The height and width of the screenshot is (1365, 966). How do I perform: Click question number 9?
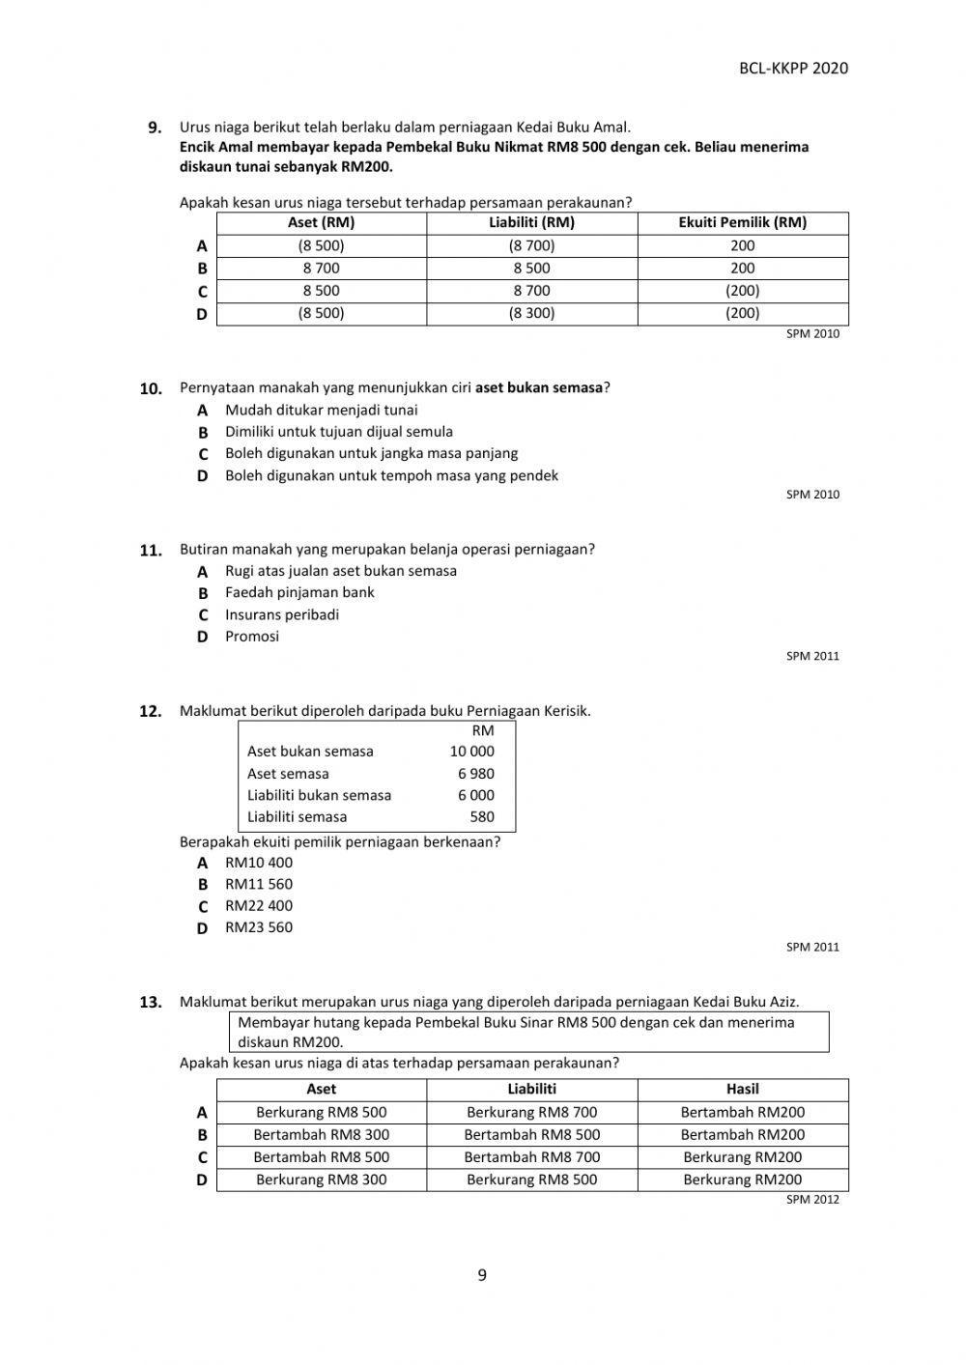click(x=155, y=127)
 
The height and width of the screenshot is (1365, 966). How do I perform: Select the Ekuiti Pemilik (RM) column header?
click(x=742, y=222)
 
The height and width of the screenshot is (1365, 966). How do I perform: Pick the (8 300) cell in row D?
click(x=531, y=313)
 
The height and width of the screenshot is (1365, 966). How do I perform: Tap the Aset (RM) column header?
click(x=321, y=222)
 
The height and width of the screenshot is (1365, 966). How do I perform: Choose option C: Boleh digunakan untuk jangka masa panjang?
click(x=371, y=453)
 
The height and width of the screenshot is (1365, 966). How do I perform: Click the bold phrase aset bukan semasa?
click(x=539, y=387)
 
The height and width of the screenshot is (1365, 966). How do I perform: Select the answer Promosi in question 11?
click(x=252, y=636)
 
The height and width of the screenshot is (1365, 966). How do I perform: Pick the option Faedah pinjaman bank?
click(x=299, y=592)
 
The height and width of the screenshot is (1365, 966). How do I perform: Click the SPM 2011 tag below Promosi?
click(x=812, y=656)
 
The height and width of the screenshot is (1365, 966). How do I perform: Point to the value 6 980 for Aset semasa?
click(x=475, y=774)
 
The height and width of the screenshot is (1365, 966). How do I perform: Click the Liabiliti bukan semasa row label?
click(x=319, y=795)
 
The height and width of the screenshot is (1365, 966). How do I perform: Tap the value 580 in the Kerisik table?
click(x=481, y=817)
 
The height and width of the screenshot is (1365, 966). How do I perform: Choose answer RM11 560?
click(x=259, y=884)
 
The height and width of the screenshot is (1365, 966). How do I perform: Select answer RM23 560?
click(x=259, y=927)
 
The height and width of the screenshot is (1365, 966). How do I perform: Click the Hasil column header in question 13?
click(x=742, y=1089)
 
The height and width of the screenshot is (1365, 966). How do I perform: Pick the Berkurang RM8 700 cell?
click(x=531, y=1112)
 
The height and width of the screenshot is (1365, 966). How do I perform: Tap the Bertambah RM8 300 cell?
click(x=321, y=1134)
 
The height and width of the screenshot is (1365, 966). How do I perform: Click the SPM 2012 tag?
click(x=812, y=1200)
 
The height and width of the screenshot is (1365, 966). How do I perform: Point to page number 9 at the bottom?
click(x=482, y=1275)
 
